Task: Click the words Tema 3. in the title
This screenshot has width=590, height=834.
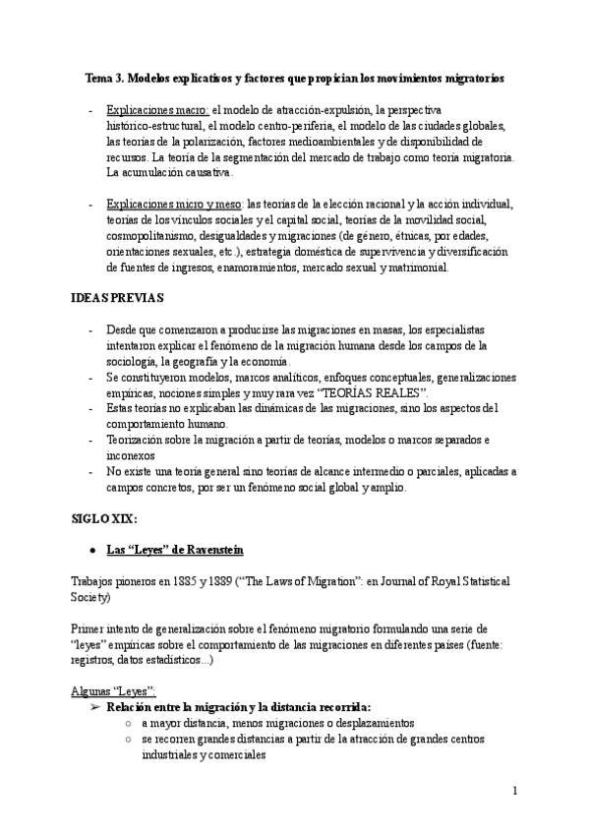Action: click(104, 77)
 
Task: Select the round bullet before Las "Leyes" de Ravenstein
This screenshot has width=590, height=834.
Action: click(91, 547)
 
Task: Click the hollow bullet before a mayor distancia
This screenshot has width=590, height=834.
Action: click(130, 722)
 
